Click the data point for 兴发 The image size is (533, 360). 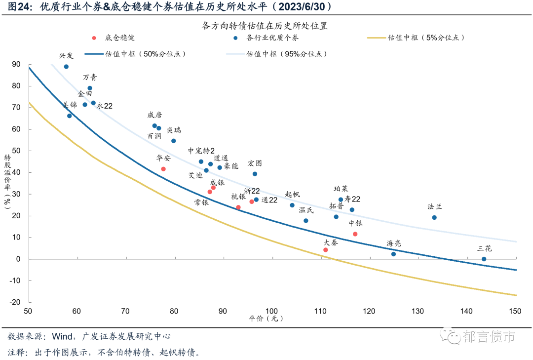point(66,67)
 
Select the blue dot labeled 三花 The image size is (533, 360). point(484,259)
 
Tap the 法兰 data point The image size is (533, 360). point(434,217)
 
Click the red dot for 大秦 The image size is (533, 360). point(325,250)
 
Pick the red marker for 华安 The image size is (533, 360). point(163,169)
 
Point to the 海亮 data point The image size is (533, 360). point(393,254)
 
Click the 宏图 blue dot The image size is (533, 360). point(255,174)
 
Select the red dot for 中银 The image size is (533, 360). point(355,234)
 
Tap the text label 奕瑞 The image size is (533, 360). point(174,130)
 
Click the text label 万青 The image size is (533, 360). point(90,77)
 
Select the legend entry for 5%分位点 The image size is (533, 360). point(425,38)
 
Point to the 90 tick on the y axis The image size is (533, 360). point(17,64)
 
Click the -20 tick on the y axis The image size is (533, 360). point(15,302)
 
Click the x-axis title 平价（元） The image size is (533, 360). point(266,319)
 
